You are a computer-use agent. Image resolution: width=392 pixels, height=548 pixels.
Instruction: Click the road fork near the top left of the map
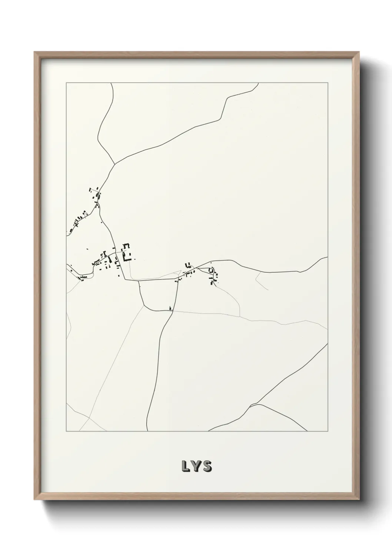(115, 163)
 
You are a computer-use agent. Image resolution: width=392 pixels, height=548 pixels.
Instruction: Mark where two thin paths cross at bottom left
(89, 418)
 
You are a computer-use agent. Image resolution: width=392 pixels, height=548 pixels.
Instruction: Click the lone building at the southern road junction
(170, 308)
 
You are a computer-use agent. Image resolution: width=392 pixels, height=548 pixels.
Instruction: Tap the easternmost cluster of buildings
(213, 276)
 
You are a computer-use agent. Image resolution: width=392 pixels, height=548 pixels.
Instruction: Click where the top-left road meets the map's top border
(111, 83)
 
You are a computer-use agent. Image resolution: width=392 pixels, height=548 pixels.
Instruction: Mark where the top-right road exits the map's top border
(258, 83)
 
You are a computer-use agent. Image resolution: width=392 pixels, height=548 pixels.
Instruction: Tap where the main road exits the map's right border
(328, 257)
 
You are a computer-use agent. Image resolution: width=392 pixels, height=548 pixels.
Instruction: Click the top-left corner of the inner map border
(66, 83)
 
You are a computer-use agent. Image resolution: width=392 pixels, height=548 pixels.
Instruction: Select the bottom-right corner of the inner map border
(328, 431)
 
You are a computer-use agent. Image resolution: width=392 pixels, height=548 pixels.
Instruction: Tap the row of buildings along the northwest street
(78, 221)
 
